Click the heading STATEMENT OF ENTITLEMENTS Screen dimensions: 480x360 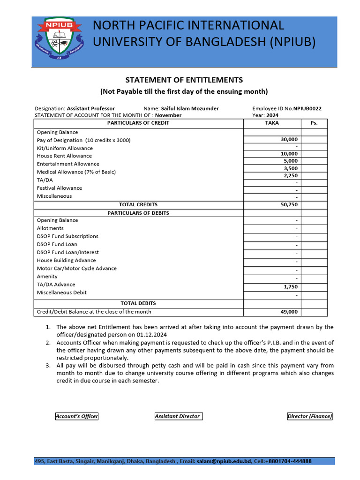(183, 80)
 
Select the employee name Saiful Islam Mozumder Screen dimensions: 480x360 (190, 108)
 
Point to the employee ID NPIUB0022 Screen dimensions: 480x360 (307, 108)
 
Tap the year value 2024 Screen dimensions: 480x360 (272, 115)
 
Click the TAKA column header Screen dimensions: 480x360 (272, 123)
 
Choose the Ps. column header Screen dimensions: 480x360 (314, 123)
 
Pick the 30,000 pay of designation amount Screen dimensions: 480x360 (289, 140)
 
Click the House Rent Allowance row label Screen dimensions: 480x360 (64, 156)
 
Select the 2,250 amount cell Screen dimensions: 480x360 (291, 175)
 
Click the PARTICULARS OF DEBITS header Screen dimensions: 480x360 (138, 213)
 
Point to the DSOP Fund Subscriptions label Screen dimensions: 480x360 (67, 236)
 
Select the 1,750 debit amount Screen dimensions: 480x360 (291, 287)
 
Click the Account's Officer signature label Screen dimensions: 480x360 (77, 416)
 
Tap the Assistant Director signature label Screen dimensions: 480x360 (178, 416)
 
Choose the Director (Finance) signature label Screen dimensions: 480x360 (309, 416)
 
